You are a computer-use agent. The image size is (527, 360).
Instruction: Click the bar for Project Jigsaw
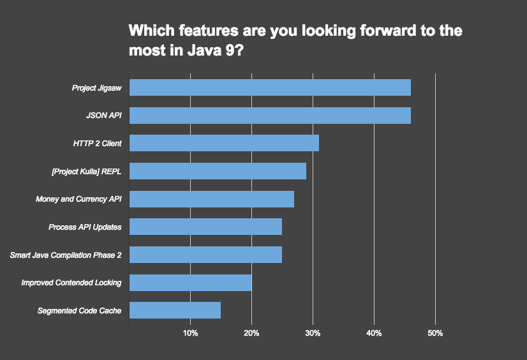(x=270, y=87)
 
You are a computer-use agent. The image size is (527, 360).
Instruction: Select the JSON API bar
(x=270, y=116)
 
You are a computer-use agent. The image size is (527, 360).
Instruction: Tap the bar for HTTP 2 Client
(x=224, y=143)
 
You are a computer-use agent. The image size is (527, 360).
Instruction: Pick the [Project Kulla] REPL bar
(x=218, y=171)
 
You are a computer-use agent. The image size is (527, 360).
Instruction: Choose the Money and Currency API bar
(x=212, y=199)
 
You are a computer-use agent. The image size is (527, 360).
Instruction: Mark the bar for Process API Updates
(x=205, y=227)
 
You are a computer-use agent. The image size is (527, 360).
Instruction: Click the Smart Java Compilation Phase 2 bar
(x=205, y=255)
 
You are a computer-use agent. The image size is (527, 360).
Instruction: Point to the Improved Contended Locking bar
(x=190, y=282)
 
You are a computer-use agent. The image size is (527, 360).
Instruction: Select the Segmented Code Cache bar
(x=175, y=310)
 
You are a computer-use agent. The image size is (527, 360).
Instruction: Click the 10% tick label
(x=190, y=334)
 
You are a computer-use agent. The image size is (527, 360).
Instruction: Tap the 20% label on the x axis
(x=251, y=334)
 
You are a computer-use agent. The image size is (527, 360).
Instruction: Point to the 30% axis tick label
(x=313, y=334)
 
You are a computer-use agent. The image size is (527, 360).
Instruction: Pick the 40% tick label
(x=374, y=334)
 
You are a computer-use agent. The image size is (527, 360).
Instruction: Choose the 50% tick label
(x=435, y=334)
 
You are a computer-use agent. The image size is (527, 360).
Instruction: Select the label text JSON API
(x=103, y=116)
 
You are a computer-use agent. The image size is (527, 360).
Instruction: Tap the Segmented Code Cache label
(x=80, y=311)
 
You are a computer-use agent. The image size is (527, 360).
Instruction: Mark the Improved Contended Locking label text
(x=71, y=283)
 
